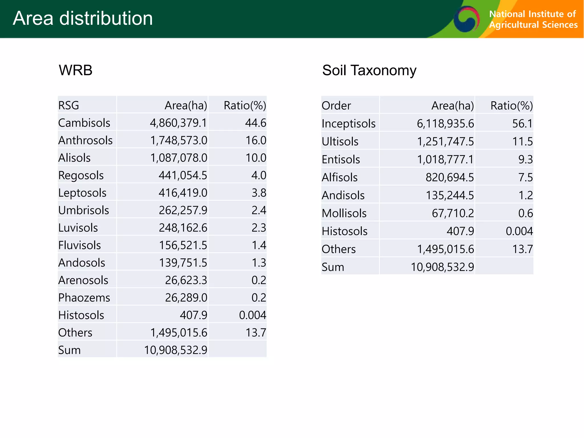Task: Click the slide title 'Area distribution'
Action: (x=83, y=18)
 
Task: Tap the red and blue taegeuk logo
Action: (x=466, y=19)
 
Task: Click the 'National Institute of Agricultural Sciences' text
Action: (x=533, y=19)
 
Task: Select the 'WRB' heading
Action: (x=76, y=70)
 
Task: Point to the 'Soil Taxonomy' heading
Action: (x=369, y=70)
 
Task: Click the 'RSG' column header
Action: (x=69, y=106)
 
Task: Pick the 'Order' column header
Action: (x=336, y=106)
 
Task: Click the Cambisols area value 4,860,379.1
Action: (x=178, y=123)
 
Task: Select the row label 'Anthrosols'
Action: (x=85, y=140)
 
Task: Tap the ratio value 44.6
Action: (x=255, y=123)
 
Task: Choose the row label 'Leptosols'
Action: (x=82, y=193)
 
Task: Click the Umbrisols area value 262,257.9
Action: (x=183, y=210)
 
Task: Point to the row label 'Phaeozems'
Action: (x=84, y=298)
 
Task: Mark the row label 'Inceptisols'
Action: (x=348, y=124)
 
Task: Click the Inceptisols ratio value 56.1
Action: (x=522, y=124)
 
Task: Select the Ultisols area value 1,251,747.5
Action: (x=445, y=142)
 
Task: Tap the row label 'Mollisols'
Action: (x=344, y=213)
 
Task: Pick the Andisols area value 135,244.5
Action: (x=450, y=195)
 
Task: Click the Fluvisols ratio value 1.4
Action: (x=259, y=245)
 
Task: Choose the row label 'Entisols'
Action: (x=341, y=159)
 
